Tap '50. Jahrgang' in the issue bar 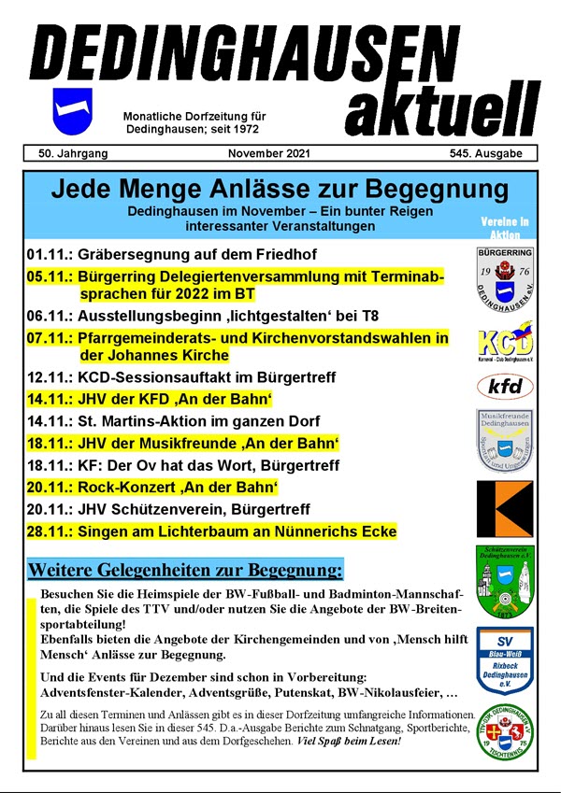(x=74, y=153)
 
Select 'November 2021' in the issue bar (x=269, y=153)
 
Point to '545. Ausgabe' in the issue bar (x=486, y=153)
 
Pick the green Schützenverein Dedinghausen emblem (x=504, y=580)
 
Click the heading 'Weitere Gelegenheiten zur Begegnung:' (x=185, y=569)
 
